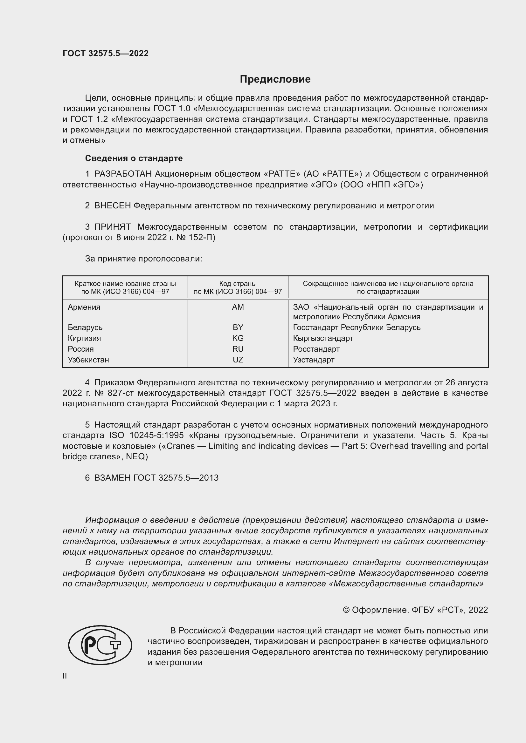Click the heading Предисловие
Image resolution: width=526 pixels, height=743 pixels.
pos(275,79)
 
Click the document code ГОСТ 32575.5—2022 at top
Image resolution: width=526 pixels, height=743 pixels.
pos(106,53)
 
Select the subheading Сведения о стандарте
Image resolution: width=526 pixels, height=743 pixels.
pos(134,158)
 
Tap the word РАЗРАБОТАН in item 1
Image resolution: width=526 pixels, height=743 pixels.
pos(123,174)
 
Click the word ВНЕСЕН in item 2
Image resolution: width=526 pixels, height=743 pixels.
pos(112,206)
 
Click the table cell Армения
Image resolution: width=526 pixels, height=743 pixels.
pos(84,307)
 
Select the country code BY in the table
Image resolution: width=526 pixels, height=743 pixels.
pos(238,328)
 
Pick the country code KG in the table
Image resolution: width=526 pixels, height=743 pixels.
pos(238,338)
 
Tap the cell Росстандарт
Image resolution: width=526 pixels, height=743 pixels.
pos(316,349)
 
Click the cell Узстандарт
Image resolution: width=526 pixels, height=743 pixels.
pos(314,360)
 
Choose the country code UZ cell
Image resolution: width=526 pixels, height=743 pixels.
pos(238,360)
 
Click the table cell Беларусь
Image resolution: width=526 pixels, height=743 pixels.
pos(85,328)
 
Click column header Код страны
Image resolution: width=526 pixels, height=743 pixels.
pos(238,284)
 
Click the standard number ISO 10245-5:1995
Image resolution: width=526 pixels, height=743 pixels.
pos(156,436)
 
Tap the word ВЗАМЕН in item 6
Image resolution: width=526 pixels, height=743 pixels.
pos(112,478)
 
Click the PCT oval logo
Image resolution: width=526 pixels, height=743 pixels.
pos(100,645)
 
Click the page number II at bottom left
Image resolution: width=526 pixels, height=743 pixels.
pos(65,676)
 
